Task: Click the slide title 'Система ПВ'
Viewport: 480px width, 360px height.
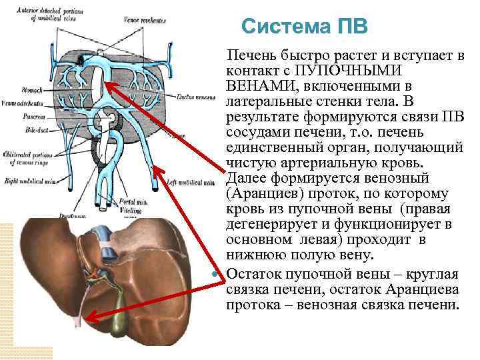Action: click(x=303, y=27)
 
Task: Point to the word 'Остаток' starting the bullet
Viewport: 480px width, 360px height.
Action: click(x=254, y=273)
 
